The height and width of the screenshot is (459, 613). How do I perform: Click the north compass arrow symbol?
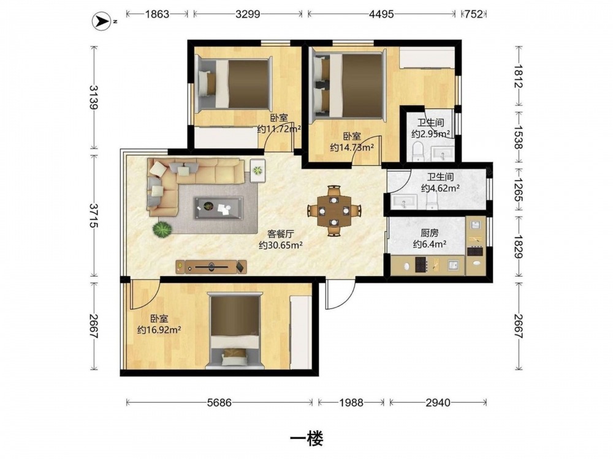click(101, 21)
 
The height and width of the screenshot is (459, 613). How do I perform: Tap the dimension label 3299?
click(248, 14)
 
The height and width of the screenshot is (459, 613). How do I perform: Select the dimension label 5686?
click(219, 402)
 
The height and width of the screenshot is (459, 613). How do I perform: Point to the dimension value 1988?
click(351, 402)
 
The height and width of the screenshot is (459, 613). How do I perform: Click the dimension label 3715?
click(94, 215)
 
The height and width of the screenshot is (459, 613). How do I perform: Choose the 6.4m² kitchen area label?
click(430, 244)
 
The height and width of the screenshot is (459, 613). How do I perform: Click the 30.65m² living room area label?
click(281, 245)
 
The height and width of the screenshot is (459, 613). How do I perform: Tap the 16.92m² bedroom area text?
click(159, 330)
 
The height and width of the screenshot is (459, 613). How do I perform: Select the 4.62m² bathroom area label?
click(440, 188)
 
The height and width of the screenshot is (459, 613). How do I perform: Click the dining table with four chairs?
click(333, 211)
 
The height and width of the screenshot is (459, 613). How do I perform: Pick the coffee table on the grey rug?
click(218, 208)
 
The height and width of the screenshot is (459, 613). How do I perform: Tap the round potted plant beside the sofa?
click(162, 229)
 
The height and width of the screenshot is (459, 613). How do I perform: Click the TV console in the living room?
click(211, 267)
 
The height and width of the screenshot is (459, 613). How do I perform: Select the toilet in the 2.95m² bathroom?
click(418, 151)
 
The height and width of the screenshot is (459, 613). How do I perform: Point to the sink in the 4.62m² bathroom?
click(404, 202)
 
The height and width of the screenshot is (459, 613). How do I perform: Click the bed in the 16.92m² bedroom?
click(235, 331)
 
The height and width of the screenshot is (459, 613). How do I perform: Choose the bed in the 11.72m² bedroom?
click(234, 84)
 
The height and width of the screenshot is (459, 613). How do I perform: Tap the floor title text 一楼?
click(306, 439)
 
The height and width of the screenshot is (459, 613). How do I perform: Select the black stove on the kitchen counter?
click(421, 264)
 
